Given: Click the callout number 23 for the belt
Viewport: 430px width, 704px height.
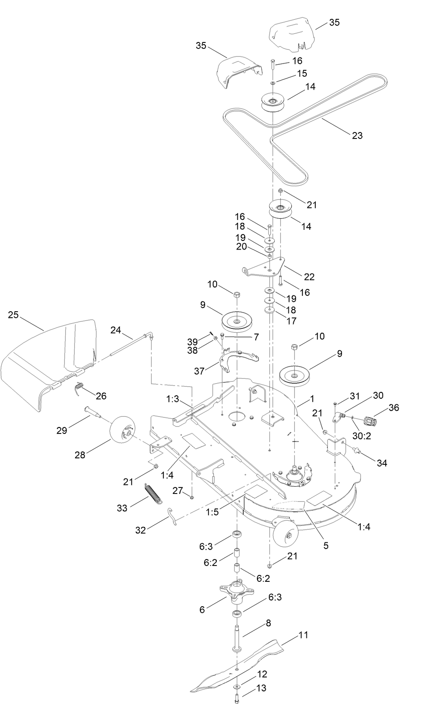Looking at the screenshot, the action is pos(357,135).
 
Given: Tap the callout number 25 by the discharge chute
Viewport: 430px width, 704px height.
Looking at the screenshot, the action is pos(14,315).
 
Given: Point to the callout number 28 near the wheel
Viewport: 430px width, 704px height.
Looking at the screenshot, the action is pos(80,455).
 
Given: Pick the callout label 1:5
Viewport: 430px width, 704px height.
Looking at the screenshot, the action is pos(212,512).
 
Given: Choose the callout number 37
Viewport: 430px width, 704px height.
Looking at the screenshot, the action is pos(199,371).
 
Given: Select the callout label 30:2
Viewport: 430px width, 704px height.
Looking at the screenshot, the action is pos(362,436).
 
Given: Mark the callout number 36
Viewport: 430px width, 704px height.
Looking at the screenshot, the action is pos(394,408).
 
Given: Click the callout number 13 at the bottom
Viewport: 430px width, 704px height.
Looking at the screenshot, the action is pos(261,688).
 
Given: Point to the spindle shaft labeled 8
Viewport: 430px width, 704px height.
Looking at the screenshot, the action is pos(237,637).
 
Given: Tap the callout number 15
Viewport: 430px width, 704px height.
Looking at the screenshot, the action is pos(302,73).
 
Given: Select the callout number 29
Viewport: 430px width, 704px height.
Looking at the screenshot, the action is pos(62,430).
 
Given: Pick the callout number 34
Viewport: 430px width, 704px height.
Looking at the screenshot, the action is pos(382,463).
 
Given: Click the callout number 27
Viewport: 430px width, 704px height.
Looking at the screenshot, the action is pos(178,490).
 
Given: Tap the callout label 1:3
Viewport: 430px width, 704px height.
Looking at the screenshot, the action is pos(173,399).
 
